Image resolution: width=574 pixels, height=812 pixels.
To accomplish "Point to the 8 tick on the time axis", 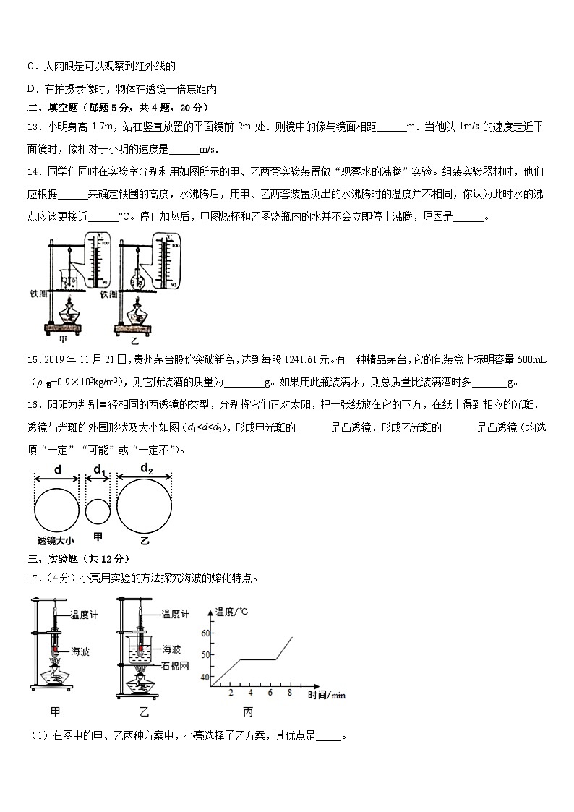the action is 290,693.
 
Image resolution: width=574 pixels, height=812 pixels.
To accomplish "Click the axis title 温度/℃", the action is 231,612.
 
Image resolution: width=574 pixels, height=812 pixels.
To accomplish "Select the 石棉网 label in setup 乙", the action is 176,663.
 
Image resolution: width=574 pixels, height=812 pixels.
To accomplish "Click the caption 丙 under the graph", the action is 248,712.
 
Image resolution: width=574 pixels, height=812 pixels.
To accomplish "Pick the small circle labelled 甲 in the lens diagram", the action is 97,511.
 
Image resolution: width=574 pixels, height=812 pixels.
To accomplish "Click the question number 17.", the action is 35,578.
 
